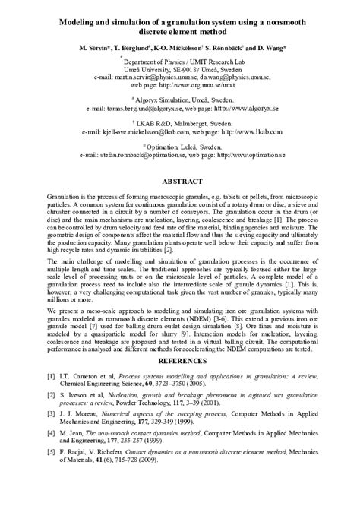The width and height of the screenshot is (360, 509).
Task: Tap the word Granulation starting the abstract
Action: pos(65,196)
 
